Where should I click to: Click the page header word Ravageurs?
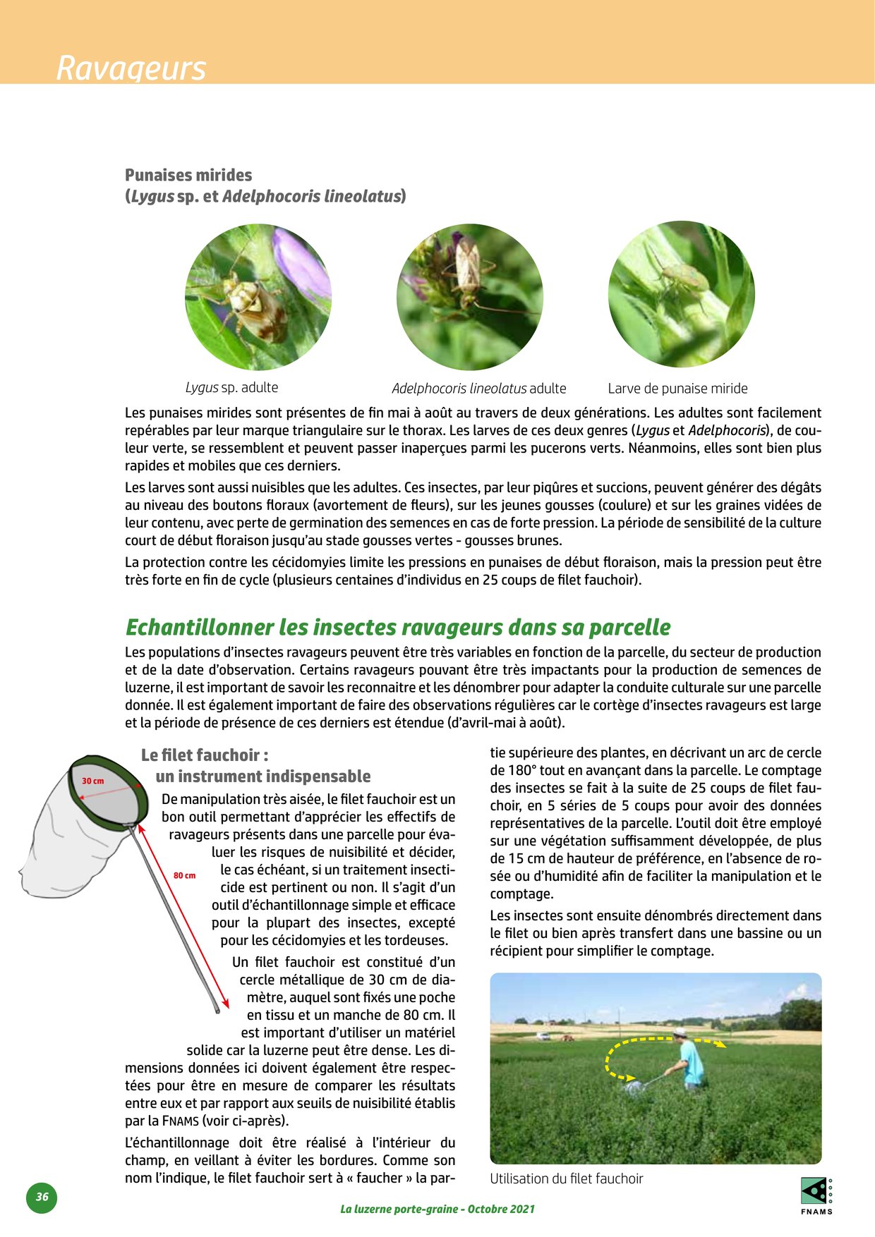click(131, 68)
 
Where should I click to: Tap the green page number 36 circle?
click(42, 1197)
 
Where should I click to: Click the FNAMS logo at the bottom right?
click(816, 1195)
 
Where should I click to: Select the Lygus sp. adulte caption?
click(231, 387)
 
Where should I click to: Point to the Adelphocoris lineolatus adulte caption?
click(478, 389)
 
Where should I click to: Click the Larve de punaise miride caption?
click(677, 389)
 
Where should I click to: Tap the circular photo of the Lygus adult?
click(258, 297)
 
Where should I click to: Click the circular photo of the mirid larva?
click(681, 295)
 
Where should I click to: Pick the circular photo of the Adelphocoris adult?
click(469, 297)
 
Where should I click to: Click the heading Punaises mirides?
click(188, 175)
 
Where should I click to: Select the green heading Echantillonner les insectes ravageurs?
click(397, 627)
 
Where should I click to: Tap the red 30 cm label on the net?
click(92, 781)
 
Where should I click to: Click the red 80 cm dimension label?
click(184, 875)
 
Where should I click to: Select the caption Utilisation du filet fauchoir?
click(567, 1178)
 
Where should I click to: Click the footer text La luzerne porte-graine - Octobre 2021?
click(437, 1209)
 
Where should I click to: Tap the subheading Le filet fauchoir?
click(205, 755)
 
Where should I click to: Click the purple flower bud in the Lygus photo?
click(302, 262)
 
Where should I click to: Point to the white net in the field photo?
click(634, 1086)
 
